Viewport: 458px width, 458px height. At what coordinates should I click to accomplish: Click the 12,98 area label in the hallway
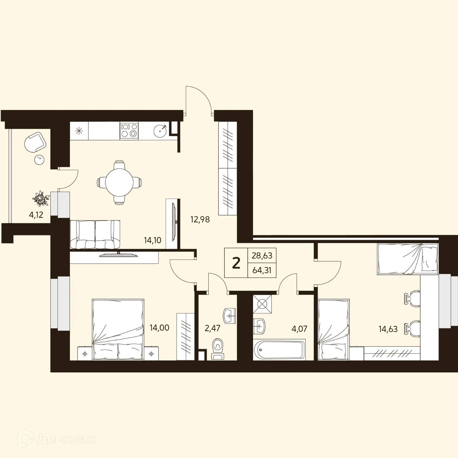pos(200,220)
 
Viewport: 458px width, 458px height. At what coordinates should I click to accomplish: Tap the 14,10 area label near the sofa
pos(153,240)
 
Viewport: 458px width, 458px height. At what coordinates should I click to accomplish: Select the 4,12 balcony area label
pos(36,215)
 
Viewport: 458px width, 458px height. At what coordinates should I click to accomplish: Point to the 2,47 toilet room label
pos(212,328)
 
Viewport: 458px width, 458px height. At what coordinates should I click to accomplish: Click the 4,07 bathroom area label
pos(299,329)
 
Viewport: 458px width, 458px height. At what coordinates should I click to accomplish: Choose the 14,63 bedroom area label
pos(388,329)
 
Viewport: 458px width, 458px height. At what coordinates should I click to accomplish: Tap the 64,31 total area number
pos(262,270)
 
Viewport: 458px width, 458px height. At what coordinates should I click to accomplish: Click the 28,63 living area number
pos(262,255)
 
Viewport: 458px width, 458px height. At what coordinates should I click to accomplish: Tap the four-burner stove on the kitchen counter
pos(129,130)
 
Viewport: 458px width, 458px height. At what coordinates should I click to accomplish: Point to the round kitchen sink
pos(160,131)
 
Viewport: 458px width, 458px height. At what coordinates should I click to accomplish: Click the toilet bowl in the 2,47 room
pos(218,347)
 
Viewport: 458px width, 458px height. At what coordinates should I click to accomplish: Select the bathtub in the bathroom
pos(279,349)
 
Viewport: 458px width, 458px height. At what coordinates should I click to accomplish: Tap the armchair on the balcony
pos(35,143)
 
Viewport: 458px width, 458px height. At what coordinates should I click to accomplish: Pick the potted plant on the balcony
pos(41,198)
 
